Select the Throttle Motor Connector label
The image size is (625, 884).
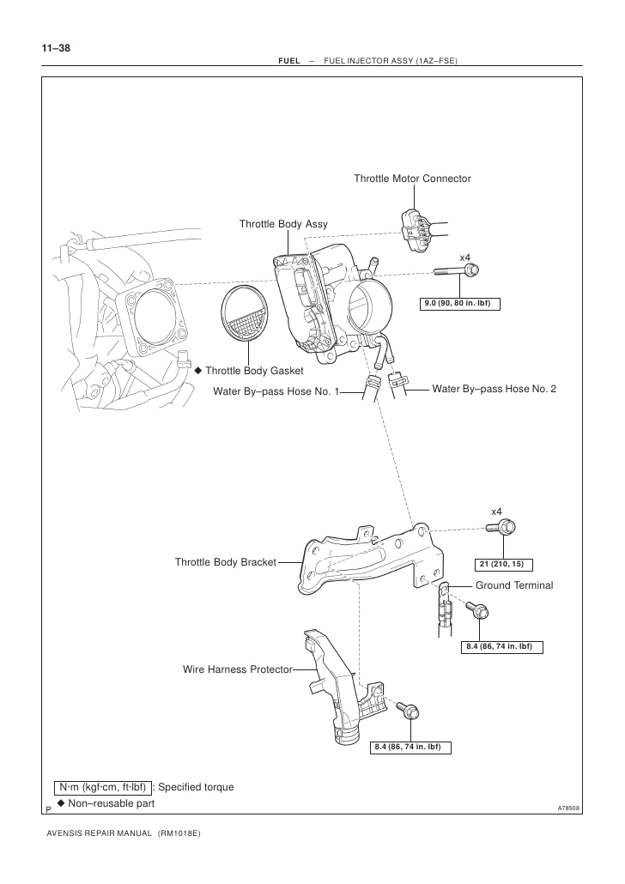[x=412, y=179]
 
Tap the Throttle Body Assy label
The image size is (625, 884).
[x=283, y=224]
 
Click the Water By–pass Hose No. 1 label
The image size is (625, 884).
[x=276, y=391]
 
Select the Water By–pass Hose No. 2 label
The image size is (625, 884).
[x=494, y=389]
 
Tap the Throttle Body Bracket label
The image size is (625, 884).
[x=225, y=562]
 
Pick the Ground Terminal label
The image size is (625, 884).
[x=514, y=584]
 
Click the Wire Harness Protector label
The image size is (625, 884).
[x=237, y=669]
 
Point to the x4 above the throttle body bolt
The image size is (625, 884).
[x=465, y=257]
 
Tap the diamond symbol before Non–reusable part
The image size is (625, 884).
[x=61, y=803]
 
